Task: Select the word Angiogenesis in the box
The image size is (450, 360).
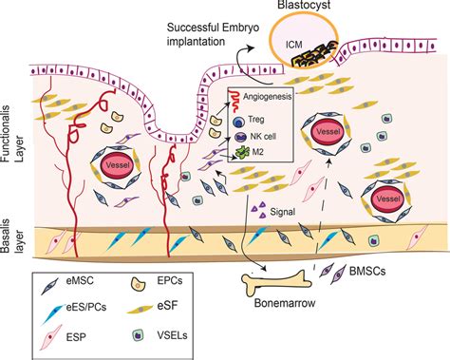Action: click(x=268, y=95)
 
